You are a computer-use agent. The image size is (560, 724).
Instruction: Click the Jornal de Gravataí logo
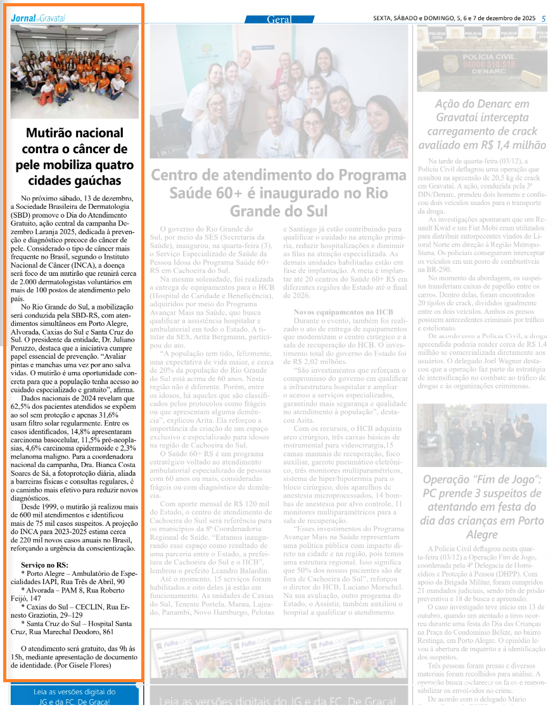tap(37, 18)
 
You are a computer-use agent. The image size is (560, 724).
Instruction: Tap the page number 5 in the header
tap(544, 18)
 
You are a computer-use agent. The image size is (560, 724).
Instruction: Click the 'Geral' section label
tap(279, 20)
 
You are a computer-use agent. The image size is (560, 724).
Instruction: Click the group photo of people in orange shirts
tap(74, 72)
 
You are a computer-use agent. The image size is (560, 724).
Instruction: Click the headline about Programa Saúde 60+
tap(279, 192)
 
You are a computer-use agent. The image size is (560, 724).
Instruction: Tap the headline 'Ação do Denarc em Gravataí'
tap(482, 124)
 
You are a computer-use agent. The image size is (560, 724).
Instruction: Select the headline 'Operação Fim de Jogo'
tap(482, 507)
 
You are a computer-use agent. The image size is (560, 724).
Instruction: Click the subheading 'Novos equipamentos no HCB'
tap(343, 312)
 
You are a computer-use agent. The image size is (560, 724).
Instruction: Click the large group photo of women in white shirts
tap(279, 92)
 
